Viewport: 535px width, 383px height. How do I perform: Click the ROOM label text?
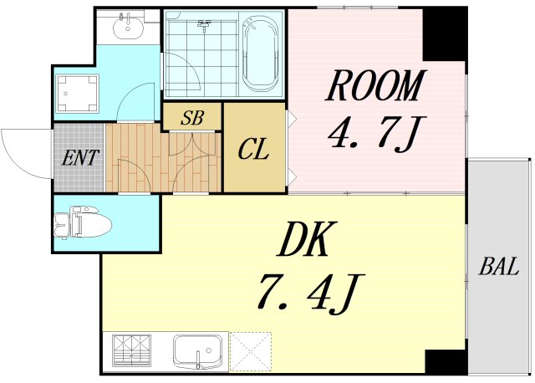coord(375,85)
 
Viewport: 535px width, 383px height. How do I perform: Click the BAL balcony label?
coord(499,266)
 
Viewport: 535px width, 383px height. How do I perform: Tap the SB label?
coord(192,117)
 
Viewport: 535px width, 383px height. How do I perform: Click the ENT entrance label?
coord(80,158)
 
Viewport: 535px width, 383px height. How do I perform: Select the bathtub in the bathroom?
coord(261,54)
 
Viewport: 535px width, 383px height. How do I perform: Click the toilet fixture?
coord(83,222)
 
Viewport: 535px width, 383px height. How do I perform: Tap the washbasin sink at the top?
coord(128,26)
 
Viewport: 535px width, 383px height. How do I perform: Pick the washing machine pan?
coord(77,93)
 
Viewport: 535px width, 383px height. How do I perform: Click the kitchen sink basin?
coord(197,351)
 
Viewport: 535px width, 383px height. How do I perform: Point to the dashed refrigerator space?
coord(251,351)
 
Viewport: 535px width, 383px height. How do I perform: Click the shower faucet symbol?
coord(204,24)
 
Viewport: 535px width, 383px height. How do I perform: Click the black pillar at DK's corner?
coord(446,362)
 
